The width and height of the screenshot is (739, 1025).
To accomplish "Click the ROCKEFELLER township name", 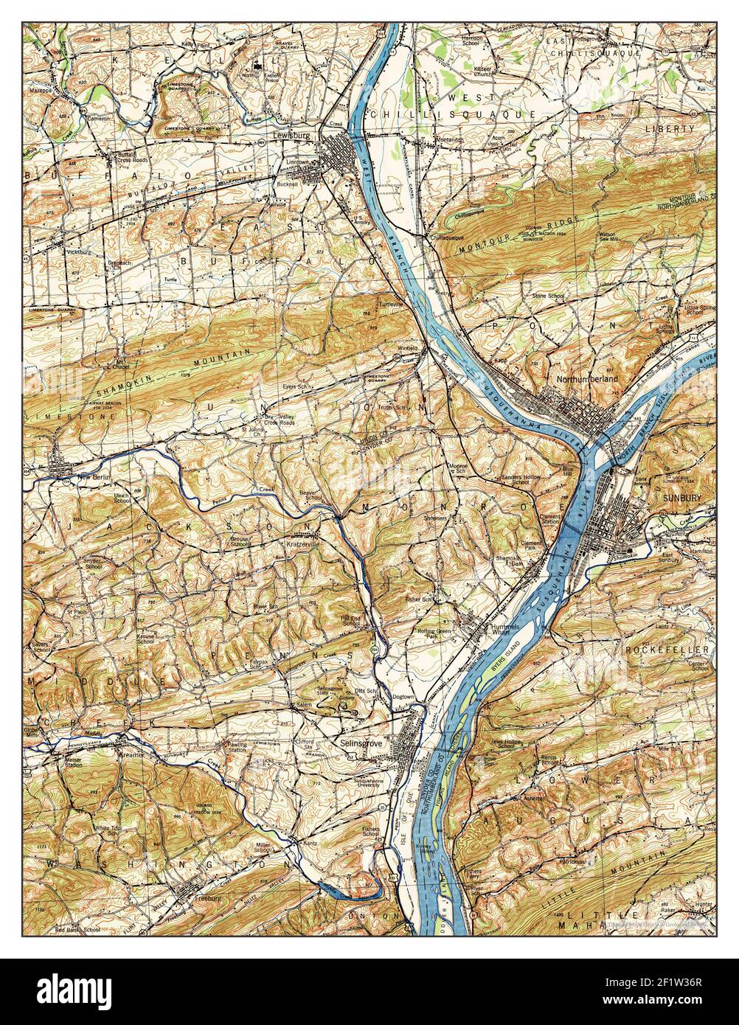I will [x=667, y=650].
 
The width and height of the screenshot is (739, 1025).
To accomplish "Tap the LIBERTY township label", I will [x=670, y=128].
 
